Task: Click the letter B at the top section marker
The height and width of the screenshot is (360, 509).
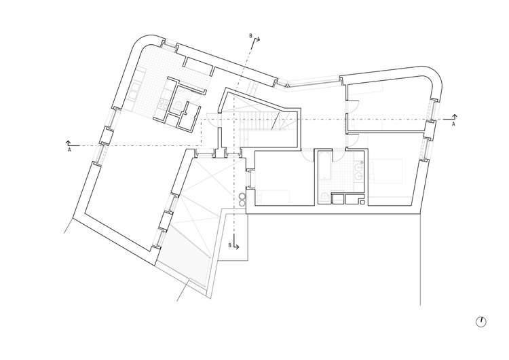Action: pos(250,36)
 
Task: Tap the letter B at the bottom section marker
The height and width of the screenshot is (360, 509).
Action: pos(230,245)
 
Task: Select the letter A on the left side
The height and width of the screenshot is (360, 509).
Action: pos(69,150)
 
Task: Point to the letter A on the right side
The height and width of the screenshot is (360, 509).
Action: pos(453,124)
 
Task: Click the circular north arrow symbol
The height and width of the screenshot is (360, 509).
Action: pos(481,322)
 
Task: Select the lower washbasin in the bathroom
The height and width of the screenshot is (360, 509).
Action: pos(359,176)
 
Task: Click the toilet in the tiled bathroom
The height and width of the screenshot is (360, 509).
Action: pos(324,197)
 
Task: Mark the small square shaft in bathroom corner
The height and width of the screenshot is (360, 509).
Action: pos(362,202)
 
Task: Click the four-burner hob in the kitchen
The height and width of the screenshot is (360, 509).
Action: pos(162,104)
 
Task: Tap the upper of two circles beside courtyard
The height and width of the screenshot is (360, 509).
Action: pos(242,196)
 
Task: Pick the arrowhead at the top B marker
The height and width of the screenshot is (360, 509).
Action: pos(259,39)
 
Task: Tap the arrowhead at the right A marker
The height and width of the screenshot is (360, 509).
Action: pos(455,116)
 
